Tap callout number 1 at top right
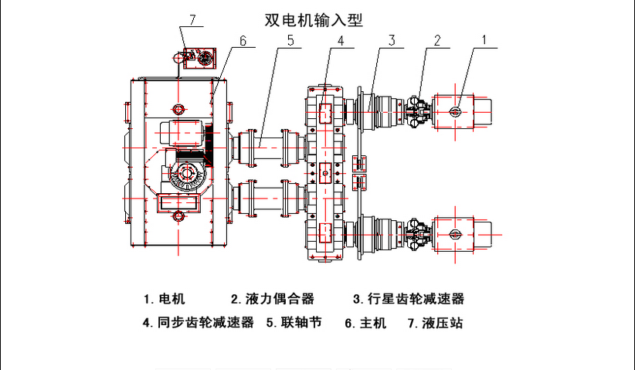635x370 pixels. click(484, 39)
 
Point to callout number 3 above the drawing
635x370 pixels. click(392, 39)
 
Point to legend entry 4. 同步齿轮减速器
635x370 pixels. click(199, 323)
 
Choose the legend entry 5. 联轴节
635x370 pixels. click(294, 323)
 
